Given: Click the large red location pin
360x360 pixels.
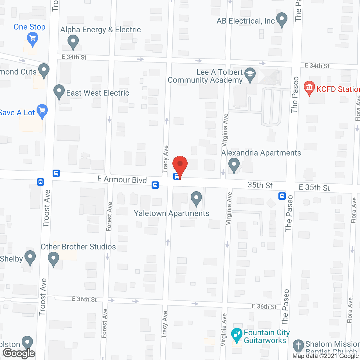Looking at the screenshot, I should point(180,165).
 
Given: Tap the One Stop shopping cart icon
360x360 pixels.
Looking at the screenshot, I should point(33,39).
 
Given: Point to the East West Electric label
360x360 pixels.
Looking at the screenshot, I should point(98,93).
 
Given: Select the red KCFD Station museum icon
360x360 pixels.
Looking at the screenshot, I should point(309,88).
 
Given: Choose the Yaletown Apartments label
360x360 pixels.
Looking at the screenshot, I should point(172,213).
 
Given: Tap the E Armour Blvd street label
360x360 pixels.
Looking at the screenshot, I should point(122,179).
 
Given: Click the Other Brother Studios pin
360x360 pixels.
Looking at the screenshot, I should point(53,258).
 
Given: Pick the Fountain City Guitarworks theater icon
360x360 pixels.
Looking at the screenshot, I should point(237,335).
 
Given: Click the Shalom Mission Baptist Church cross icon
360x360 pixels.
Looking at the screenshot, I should point(298,346).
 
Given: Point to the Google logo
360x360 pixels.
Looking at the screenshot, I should point(19,353).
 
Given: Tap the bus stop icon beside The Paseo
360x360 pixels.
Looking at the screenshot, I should point(282,196).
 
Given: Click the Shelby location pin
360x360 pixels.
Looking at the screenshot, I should point(30,257).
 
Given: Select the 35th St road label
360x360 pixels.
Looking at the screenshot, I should point(260,185).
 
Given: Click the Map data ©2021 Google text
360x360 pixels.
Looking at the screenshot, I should point(326,356).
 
